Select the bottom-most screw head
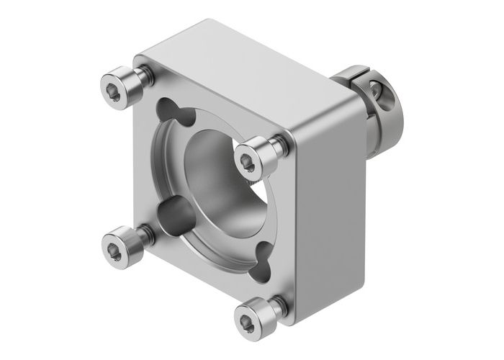pyautogui.click(x=250, y=315)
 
